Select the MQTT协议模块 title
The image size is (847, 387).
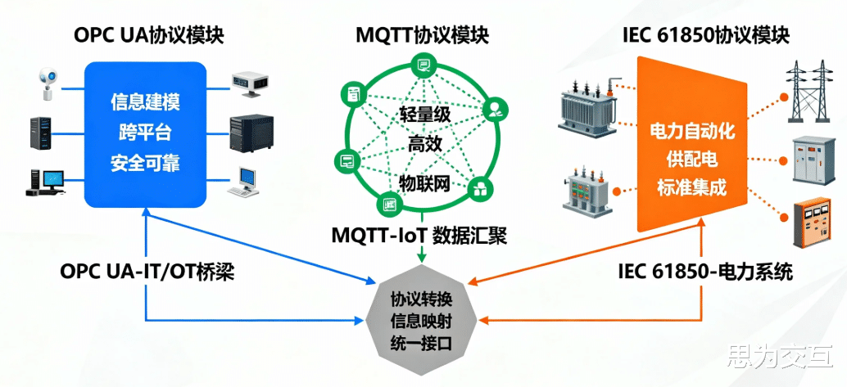coord(422,35)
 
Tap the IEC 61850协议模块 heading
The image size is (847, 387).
coord(705,35)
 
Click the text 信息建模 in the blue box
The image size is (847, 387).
coord(145,103)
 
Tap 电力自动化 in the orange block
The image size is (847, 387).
coord(692,131)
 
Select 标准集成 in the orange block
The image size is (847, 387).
coord(692,188)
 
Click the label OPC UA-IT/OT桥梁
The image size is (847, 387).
coord(147,272)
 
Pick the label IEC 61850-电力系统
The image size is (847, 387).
coord(705,272)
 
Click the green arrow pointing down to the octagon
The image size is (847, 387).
coord(421,255)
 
